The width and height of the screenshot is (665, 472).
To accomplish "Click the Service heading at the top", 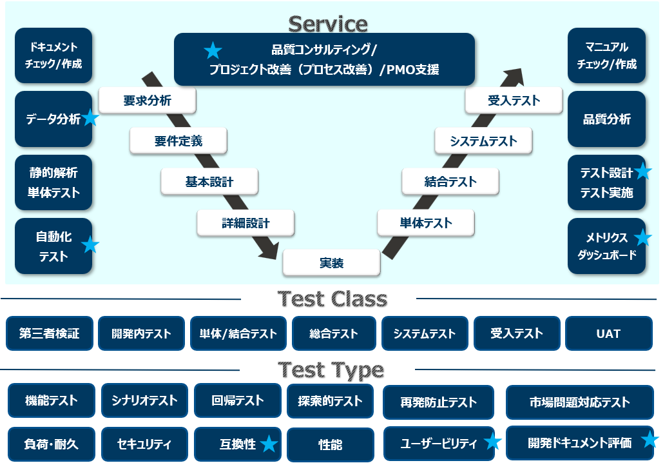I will [x=328, y=24].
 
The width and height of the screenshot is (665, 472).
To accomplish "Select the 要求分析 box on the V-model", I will [x=148, y=101].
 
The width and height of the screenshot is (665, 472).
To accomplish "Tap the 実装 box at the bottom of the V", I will [x=331, y=262].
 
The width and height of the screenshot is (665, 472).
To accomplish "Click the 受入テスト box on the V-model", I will [x=514, y=101].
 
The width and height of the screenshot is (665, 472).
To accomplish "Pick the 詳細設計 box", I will [x=246, y=223].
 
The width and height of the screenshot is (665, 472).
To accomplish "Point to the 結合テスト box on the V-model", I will [x=450, y=181].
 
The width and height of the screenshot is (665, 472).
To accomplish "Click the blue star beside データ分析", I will [x=90, y=118].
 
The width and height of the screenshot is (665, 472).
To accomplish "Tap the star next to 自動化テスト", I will [x=90, y=245].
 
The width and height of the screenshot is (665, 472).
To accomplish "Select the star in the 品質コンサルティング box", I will [x=213, y=50].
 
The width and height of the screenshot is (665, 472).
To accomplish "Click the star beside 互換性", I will [x=269, y=444].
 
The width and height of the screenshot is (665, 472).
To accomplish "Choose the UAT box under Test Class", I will [x=608, y=333].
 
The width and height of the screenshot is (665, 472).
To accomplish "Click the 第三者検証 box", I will [x=50, y=333].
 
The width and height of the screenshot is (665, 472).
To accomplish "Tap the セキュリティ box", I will [x=144, y=444].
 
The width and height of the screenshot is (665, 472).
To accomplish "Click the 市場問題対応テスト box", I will [x=579, y=402].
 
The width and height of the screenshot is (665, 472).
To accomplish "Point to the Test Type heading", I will [x=331, y=370].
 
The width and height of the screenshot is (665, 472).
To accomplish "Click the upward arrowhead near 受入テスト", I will [x=516, y=74].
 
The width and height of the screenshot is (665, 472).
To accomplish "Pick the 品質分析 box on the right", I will [x=606, y=119].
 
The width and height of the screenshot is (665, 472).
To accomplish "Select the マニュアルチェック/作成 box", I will [x=606, y=55].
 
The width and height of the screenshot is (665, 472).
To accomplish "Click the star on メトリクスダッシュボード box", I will [x=642, y=238].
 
